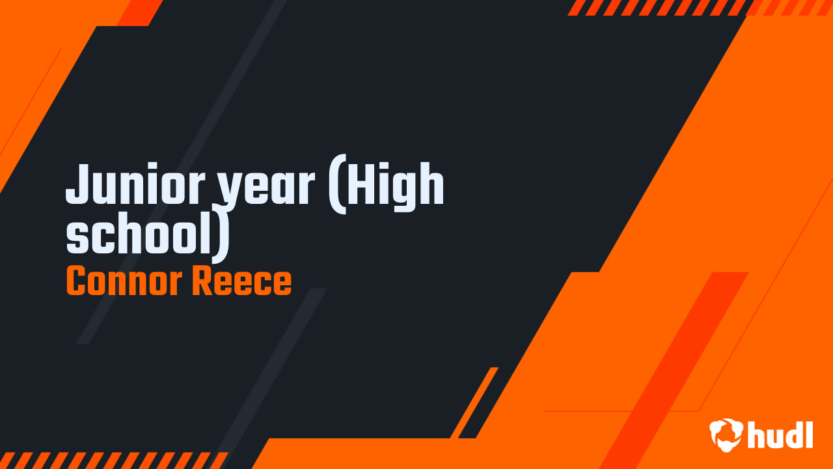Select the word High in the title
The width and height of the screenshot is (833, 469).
coord(395,187)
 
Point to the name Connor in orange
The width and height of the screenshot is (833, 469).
coord(124,281)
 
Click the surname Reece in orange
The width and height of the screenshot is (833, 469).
coord(241,281)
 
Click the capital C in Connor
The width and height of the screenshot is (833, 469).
coord(77,281)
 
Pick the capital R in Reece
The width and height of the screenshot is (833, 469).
coord(202,281)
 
